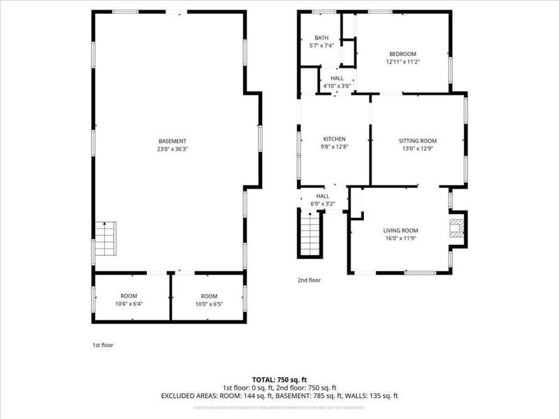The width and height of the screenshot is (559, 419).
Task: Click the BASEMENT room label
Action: pyautogui.click(x=172, y=141)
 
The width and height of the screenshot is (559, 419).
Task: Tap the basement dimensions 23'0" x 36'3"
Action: pyautogui.click(x=172, y=149)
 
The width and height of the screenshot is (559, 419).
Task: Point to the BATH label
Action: pyautogui.click(x=321, y=38)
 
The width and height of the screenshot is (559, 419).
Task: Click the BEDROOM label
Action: pyautogui.click(x=402, y=54)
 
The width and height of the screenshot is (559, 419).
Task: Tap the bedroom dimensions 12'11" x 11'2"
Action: pyautogui.click(x=402, y=62)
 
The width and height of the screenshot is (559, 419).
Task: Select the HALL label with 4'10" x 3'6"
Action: pyautogui.click(x=337, y=78)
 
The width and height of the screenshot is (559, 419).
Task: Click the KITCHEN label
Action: pyautogui.click(x=334, y=139)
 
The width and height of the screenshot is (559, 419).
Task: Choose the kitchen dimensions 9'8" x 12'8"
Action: pyautogui.click(x=334, y=147)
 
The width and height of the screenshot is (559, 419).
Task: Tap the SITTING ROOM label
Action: pyautogui.click(x=418, y=140)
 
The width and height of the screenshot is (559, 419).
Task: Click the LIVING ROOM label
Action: pyautogui.click(x=400, y=230)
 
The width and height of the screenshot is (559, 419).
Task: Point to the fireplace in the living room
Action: pyautogui.click(x=456, y=230)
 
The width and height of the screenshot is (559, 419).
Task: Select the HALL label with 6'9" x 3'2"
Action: pyautogui.click(x=323, y=196)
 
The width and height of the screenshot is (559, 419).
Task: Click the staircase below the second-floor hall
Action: pyautogui.click(x=308, y=235)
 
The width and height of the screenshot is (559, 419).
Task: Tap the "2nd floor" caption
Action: pyautogui.click(x=309, y=280)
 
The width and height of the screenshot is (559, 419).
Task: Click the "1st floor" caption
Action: pyautogui.click(x=103, y=345)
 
